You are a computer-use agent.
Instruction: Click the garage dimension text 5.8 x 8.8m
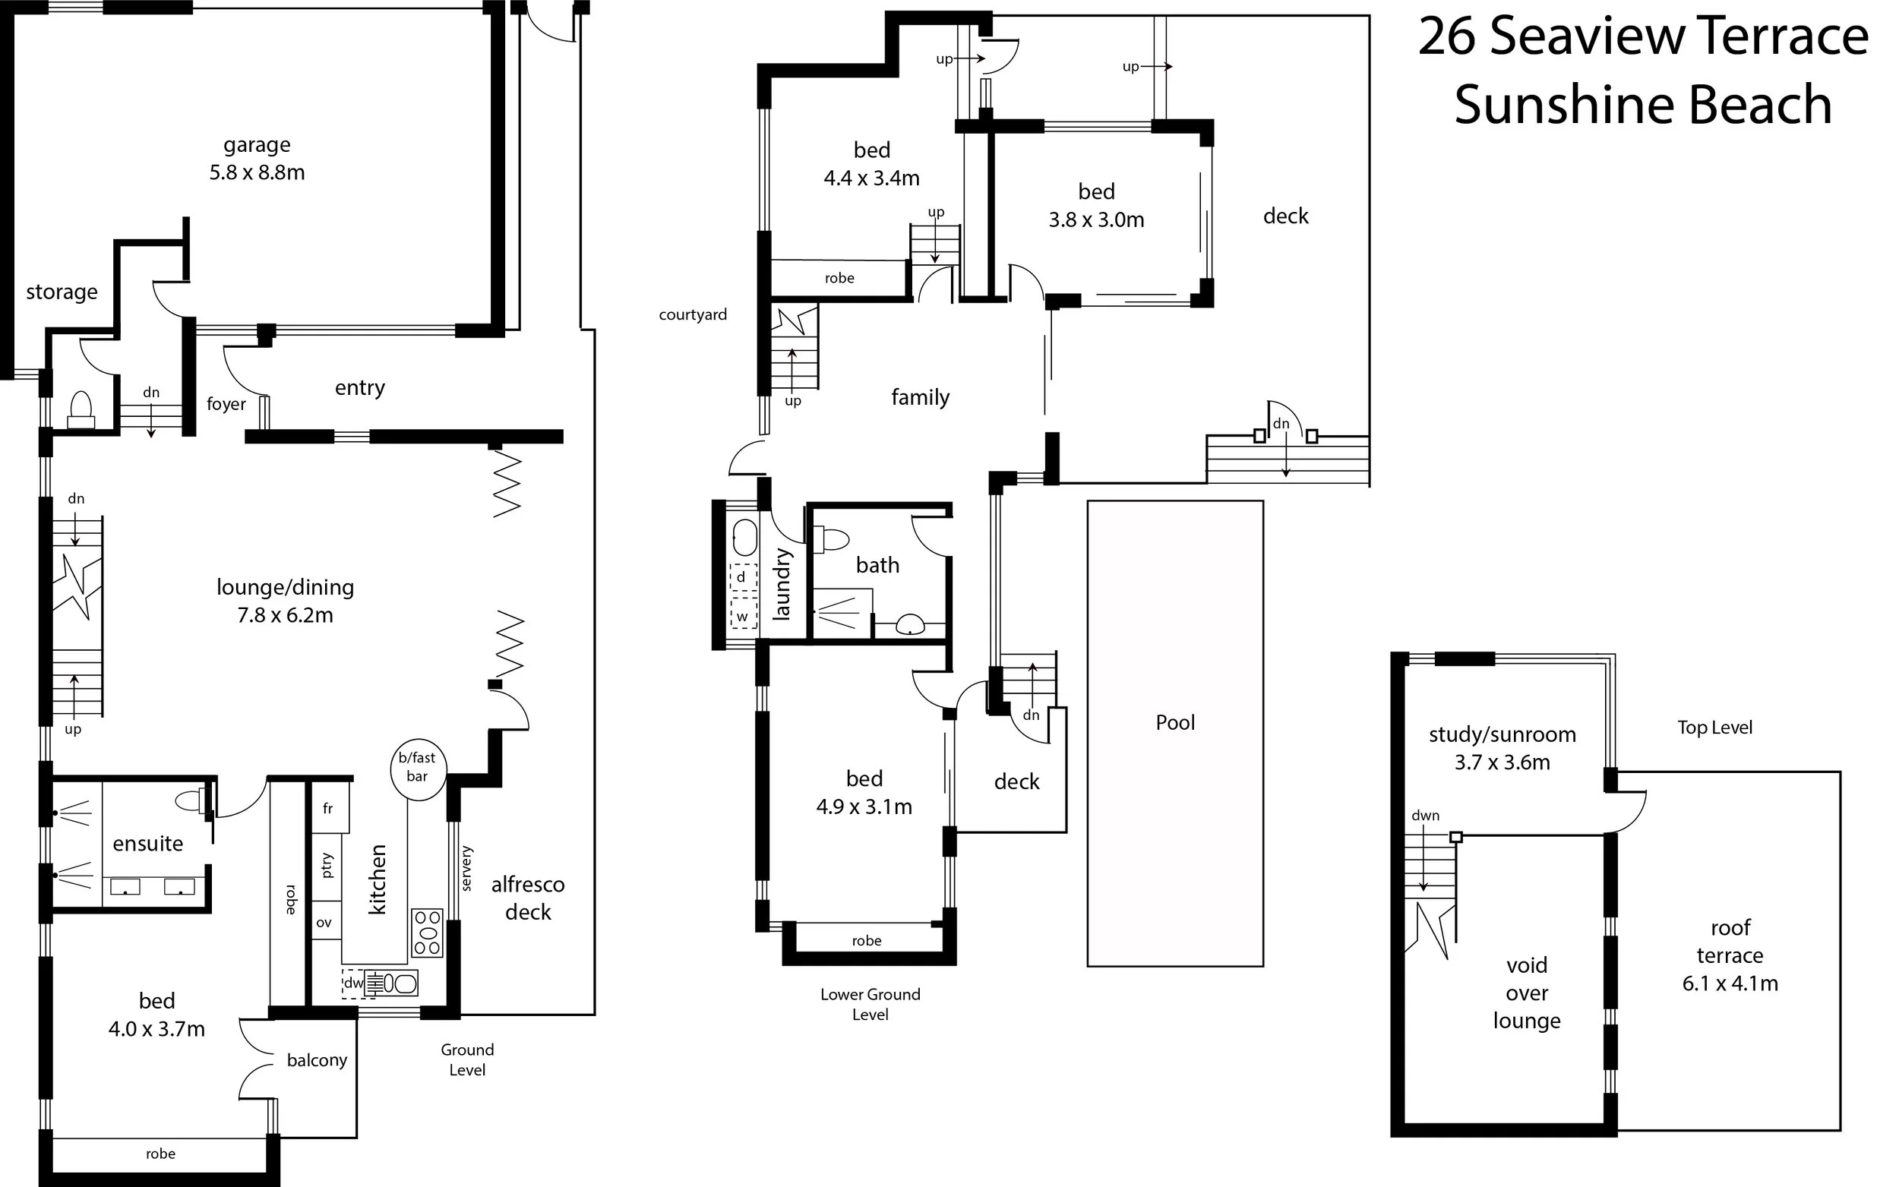(x=257, y=172)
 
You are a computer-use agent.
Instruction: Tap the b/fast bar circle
(x=418, y=769)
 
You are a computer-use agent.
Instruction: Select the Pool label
(x=1174, y=722)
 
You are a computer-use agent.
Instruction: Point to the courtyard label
(x=693, y=315)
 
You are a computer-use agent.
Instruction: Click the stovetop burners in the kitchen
(x=427, y=933)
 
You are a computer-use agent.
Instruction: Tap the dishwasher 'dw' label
(x=353, y=983)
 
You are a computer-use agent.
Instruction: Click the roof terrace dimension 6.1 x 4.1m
(x=1730, y=983)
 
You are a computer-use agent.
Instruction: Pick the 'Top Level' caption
(x=1714, y=728)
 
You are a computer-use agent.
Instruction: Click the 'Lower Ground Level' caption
(x=870, y=1004)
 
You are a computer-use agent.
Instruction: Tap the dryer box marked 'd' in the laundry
(x=741, y=577)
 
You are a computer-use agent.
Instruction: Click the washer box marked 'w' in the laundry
(x=741, y=616)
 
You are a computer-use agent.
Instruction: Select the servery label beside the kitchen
(x=466, y=868)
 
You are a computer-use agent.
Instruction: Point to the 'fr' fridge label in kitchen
(x=327, y=808)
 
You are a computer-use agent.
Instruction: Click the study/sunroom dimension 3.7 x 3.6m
(x=1502, y=762)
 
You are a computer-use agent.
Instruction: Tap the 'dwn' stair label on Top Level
(x=1425, y=816)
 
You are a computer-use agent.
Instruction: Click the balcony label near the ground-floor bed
(x=316, y=1061)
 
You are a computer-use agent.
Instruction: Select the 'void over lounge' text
(x=1526, y=993)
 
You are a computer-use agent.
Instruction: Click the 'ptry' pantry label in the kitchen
(x=327, y=865)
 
